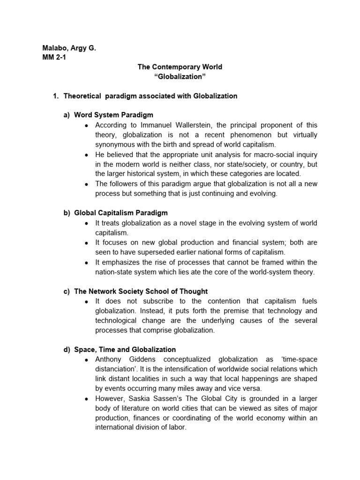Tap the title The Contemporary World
[x=180, y=67]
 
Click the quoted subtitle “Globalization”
[x=180, y=76]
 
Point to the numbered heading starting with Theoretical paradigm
[x=150, y=96]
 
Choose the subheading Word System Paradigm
[x=113, y=115]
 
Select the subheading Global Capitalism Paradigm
[x=121, y=213]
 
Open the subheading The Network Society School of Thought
[x=141, y=291]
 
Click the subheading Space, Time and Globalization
[x=125, y=350]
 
